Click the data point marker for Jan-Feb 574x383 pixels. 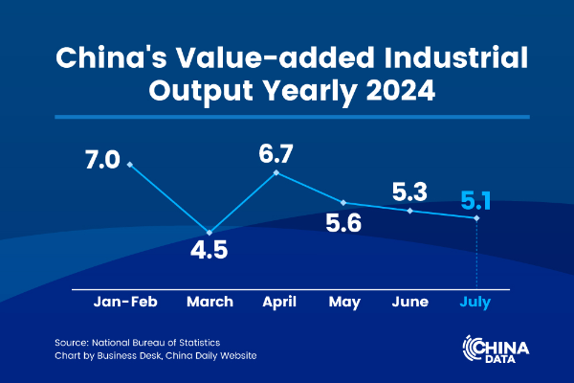[x=129, y=164]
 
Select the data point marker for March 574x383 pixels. [x=210, y=232]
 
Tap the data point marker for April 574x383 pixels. [x=276, y=172]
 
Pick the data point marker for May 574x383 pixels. [x=343, y=203]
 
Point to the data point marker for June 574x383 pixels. [x=410, y=211]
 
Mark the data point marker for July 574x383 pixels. [x=476, y=218]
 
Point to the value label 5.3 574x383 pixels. [x=410, y=188]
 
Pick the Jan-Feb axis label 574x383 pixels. [x=125, y=302]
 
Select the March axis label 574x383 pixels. [x=210, y=302]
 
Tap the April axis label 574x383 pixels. [x=277, y=302]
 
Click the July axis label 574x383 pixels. [x=476, y=302]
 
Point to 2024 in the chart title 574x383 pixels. [x=394, y=92]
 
